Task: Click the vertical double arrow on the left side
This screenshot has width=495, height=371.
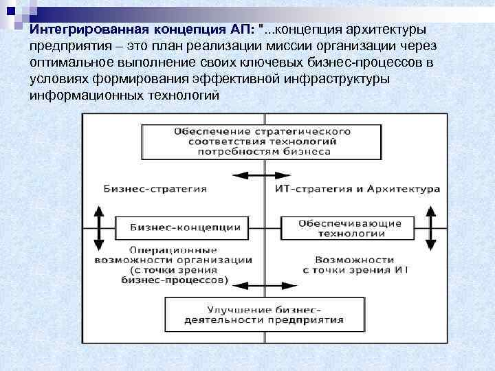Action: coord(99,228)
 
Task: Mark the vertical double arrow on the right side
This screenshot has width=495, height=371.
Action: coord(431,228)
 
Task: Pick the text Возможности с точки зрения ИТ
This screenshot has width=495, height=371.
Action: coord(353,265)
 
